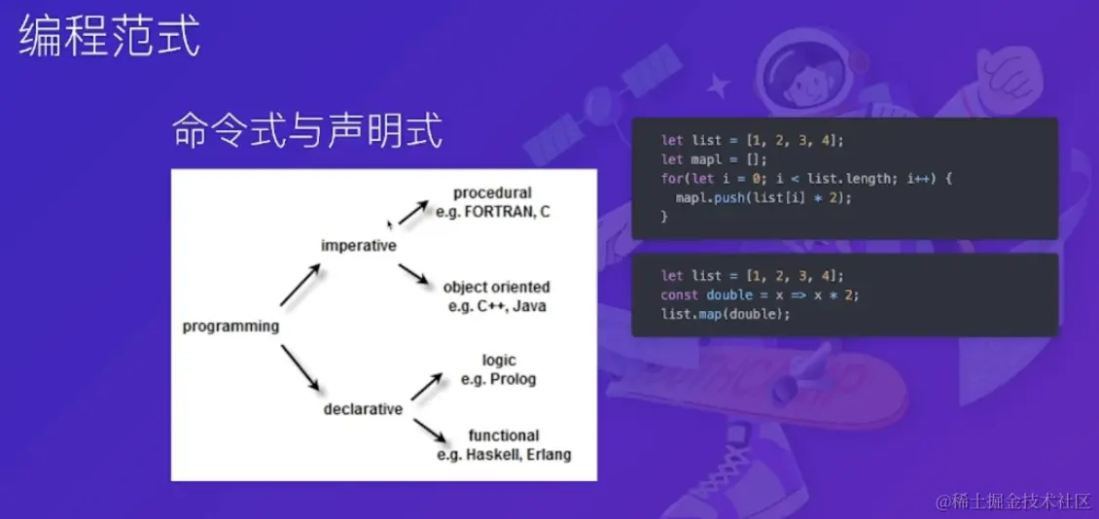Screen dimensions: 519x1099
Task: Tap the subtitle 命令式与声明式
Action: coord(307,131)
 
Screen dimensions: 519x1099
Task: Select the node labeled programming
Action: coord(230,327)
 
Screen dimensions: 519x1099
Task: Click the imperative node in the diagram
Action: coord(359,246)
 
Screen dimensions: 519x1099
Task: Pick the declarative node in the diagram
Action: coord(363,409)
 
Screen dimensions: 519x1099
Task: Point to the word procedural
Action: coord(492,192)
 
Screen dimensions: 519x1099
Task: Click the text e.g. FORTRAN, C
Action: coord(493,211)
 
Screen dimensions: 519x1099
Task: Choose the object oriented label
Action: coord(496,288)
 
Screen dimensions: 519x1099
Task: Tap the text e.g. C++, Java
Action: coord(496,306)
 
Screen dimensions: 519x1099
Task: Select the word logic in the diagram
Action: coord(499,361)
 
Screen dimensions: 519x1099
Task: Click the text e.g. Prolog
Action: coord(499,379)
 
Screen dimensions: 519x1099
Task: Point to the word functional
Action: coord(504,435)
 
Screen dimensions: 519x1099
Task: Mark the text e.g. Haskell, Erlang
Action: coord(504,454)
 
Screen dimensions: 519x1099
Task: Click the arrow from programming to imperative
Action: coord(300,287)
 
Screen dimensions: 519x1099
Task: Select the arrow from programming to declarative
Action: coord(300,369)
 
